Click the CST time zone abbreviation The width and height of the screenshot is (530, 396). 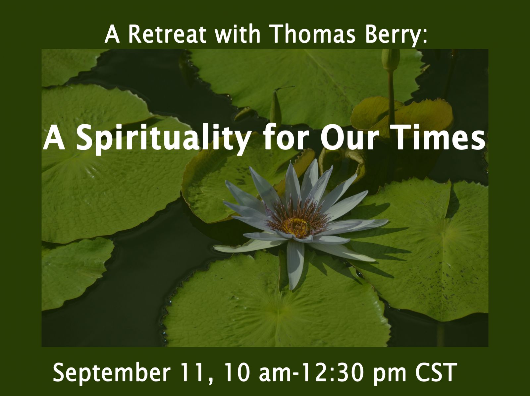[436, 372]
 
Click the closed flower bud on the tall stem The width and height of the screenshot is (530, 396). [391, 59]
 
